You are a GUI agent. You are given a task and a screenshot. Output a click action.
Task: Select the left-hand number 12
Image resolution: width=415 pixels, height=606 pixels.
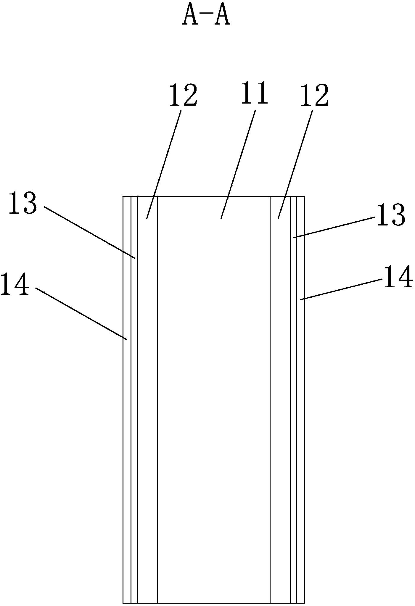click(183, 95)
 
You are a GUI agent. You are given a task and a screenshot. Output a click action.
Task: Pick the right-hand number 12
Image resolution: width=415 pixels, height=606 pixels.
click(314, 95)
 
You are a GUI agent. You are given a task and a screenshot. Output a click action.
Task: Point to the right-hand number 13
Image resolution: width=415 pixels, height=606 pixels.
click(390, 215)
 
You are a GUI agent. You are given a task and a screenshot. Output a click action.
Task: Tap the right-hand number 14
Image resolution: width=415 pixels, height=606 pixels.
click(398, 277)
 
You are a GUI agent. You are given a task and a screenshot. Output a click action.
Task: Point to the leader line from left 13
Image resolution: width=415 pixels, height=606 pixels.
click(90, 233)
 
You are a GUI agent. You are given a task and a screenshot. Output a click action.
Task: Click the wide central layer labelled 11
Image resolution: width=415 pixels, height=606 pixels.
click(214, 385)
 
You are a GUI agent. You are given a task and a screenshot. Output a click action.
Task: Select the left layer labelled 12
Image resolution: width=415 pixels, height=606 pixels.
click(147, 385)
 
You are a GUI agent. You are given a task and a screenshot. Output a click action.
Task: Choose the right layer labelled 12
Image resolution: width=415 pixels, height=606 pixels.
click(280, 385)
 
